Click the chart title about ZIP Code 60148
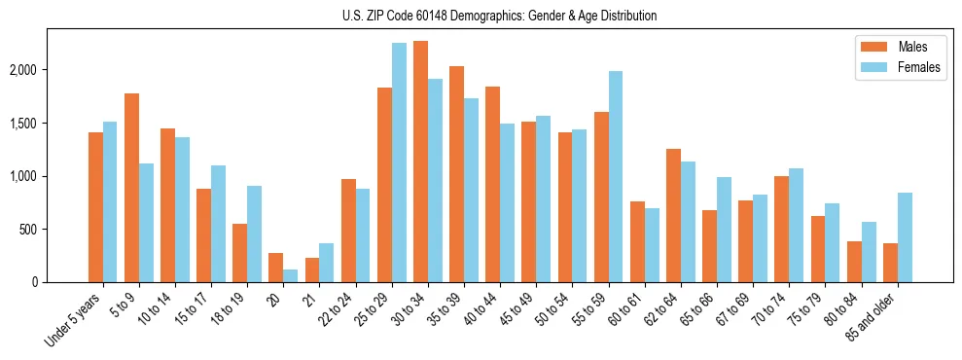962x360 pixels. pyautogui.click(x=500, y=16)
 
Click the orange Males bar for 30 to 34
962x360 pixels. pyautogui.click(x=420, y=162)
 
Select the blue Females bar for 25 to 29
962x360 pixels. pyautogui.click(x=399, y=162)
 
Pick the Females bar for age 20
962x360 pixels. pyautogui.click(x=291, y=276)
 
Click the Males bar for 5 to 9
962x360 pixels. pyautogui.click(x=131, y=188)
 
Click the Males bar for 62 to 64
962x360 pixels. pyautogui.click(x=673, y=216)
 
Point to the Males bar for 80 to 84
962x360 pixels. pyautogui.click(x=854, y=262)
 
